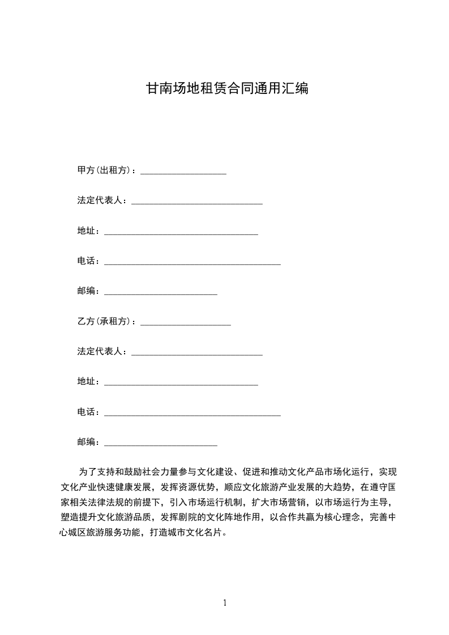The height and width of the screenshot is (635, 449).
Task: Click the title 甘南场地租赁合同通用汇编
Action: [227, 88]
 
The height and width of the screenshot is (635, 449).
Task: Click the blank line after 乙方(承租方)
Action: [185, 324]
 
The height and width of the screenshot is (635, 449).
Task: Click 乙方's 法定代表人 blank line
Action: [196, 354]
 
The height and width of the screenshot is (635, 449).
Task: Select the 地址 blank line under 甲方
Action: [181, 233]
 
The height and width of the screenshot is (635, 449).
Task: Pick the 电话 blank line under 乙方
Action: [193, 414]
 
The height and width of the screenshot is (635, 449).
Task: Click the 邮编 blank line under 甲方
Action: [161, 293]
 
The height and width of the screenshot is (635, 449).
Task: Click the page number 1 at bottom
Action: [225, 603]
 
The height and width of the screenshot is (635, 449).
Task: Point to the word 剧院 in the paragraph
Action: [201, 517]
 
